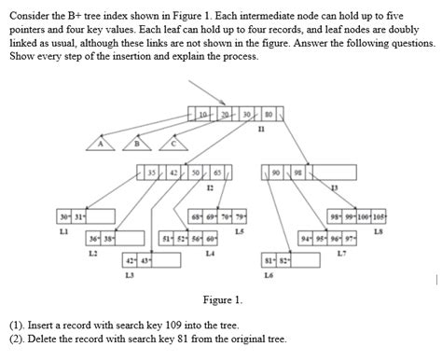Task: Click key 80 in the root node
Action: tap(269, 113)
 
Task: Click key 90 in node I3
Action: tap(277, 173)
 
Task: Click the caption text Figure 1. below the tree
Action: tap(222, 299)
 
